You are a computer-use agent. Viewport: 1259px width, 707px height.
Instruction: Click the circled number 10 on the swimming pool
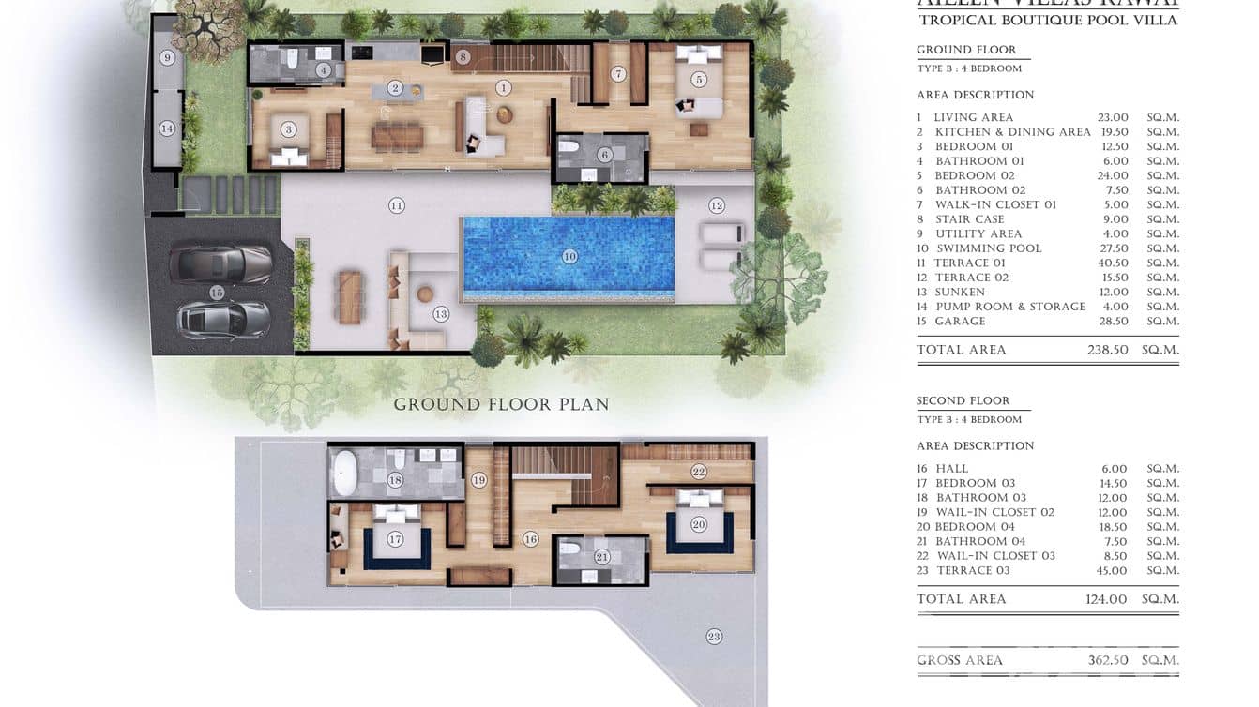569,256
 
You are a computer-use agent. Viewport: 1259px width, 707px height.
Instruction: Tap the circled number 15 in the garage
217,293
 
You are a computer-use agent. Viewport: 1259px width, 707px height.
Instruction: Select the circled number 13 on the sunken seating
440,314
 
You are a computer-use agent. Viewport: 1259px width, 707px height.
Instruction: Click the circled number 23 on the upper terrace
714,637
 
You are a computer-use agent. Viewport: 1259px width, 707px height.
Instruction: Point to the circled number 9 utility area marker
167,58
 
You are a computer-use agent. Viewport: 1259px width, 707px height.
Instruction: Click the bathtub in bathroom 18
344,474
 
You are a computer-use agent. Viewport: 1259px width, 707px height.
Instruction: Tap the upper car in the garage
221,264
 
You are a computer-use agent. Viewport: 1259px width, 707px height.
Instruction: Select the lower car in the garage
224,320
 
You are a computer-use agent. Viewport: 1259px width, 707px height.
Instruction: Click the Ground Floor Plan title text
501,405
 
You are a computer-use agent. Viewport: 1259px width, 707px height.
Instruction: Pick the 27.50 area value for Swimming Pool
1113,248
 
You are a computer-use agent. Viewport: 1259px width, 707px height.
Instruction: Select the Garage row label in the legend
960,322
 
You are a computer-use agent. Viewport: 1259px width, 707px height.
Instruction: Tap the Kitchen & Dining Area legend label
1012,132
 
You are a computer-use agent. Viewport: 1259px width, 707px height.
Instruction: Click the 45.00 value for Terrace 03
1113,570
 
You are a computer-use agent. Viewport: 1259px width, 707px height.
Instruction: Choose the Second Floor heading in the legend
963,400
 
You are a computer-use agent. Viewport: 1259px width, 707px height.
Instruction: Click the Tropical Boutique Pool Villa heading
1048,20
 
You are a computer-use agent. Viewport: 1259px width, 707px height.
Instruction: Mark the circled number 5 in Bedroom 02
699,79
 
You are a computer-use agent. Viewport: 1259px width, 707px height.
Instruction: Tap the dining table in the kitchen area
397,138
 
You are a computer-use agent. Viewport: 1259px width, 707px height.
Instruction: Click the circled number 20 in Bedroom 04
698,525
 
